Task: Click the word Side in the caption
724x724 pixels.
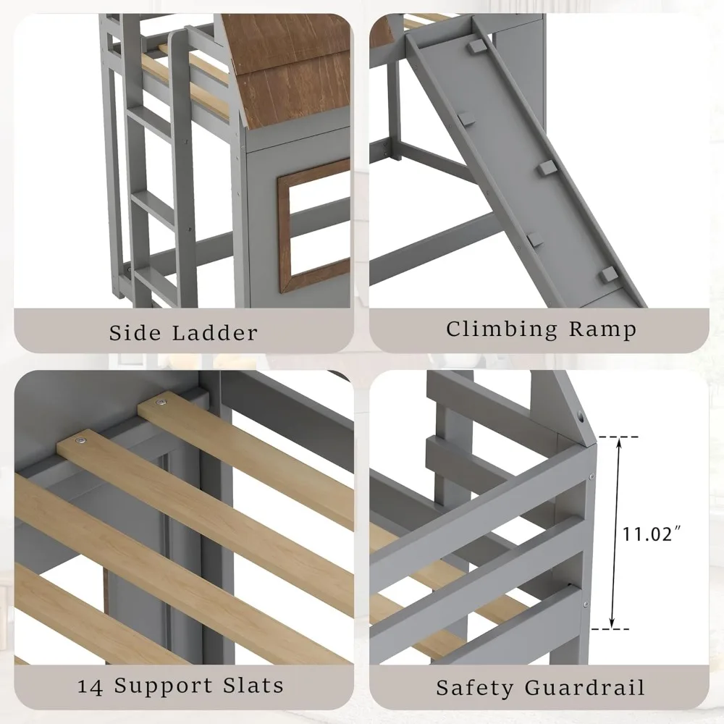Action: (x=137, y=332)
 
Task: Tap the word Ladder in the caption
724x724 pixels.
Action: (x=216, y=332)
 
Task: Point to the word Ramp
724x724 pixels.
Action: (x=602, y=329)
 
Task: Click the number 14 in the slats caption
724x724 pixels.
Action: (x=92, y=684)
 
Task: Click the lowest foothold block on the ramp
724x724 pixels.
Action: (x=608, y=274)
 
